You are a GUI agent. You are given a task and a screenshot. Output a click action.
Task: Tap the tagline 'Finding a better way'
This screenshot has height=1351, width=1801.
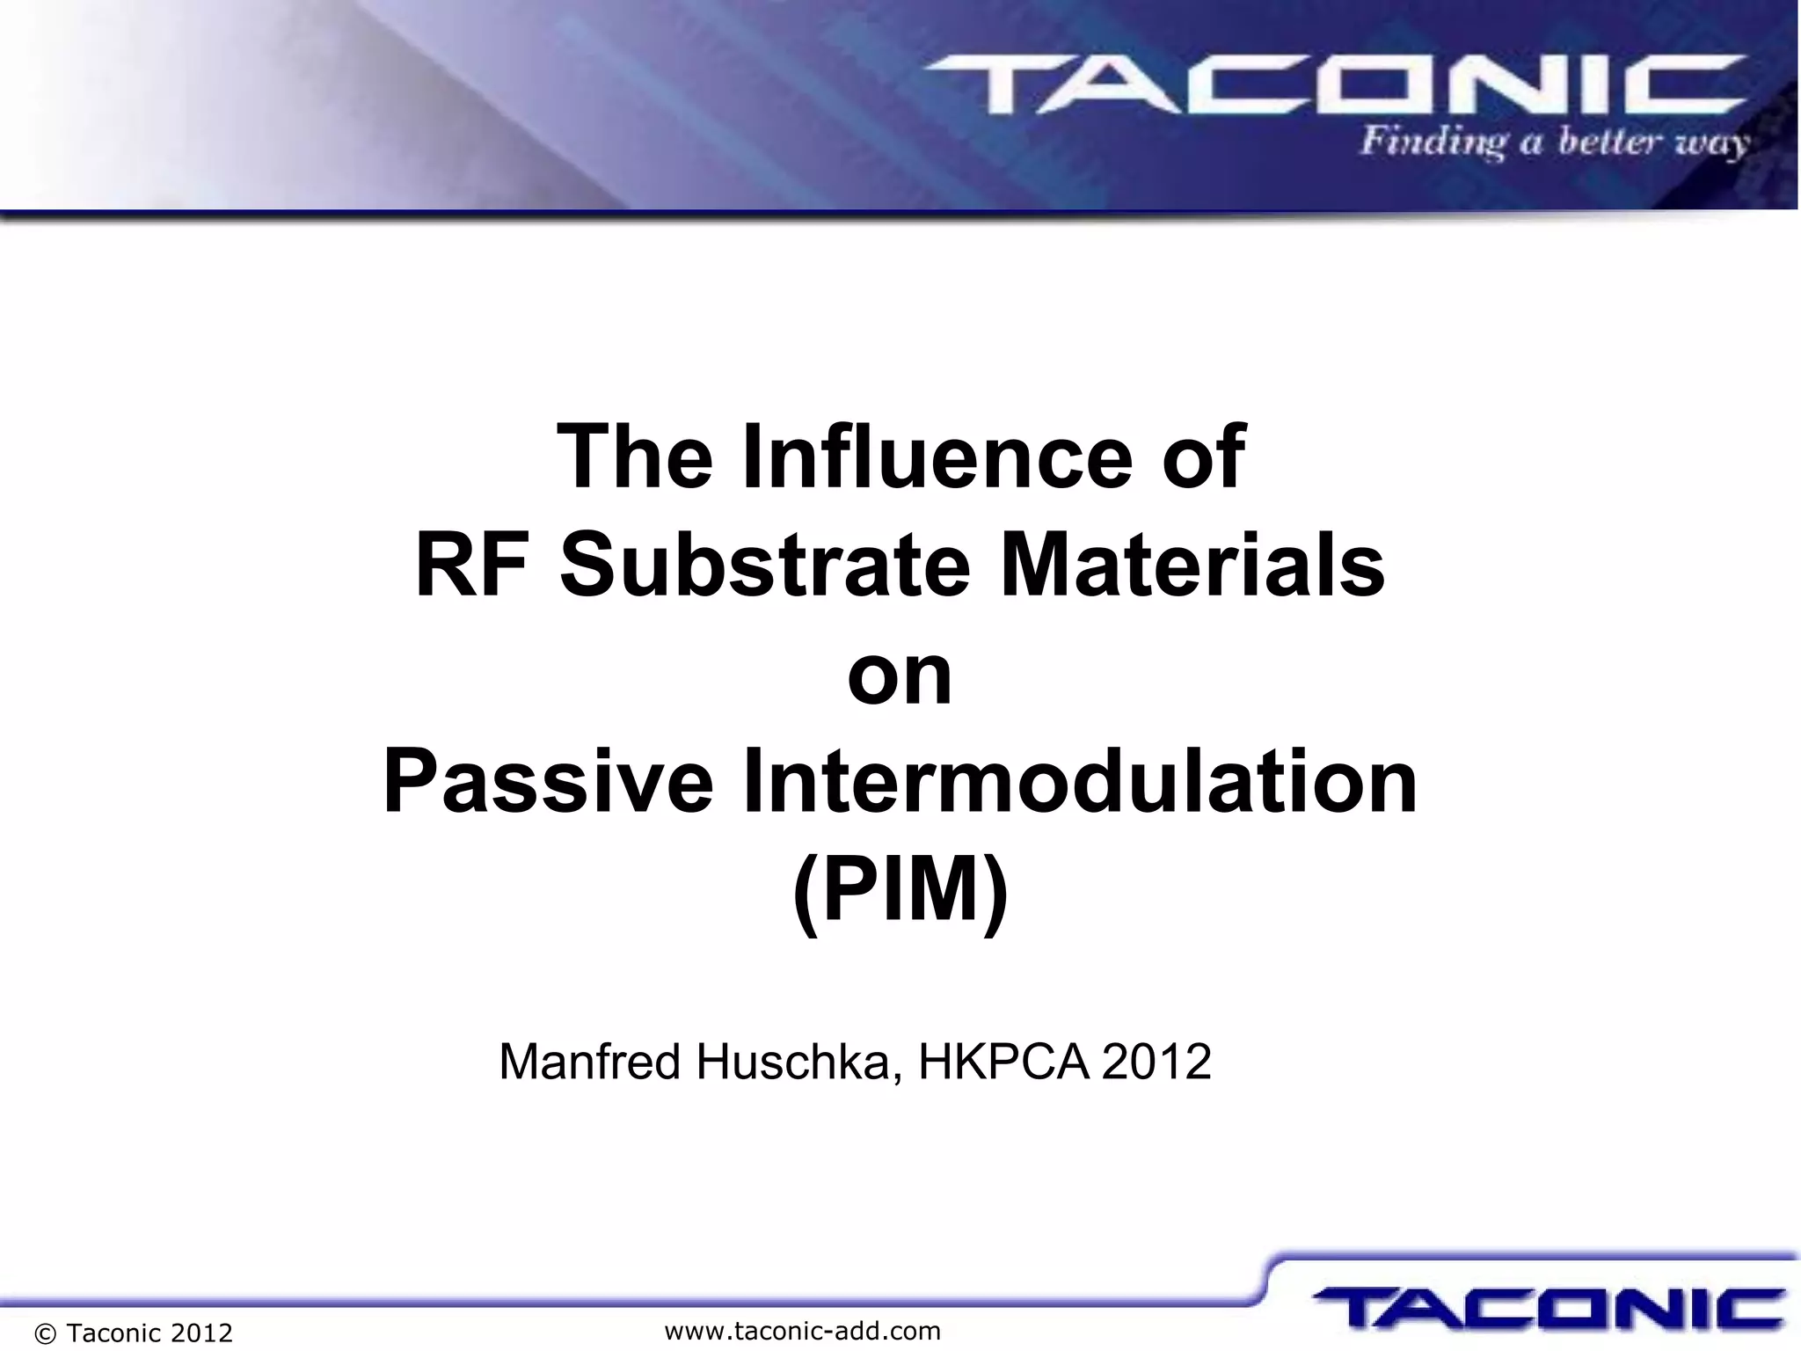[1554, 143]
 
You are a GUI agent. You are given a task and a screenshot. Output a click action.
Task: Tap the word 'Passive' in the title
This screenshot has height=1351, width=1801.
[548, 781]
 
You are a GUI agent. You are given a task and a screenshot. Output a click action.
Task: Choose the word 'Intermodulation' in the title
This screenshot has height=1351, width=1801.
[1080, 781]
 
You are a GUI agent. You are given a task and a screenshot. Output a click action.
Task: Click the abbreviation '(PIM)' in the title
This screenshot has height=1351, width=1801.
[900, 890]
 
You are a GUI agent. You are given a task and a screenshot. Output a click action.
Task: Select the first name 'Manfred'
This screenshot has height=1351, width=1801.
[590, 1062]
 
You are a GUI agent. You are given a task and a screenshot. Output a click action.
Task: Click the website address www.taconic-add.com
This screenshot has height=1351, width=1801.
[802, 1331]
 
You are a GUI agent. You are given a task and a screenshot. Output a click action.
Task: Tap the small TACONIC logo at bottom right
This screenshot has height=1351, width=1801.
[1549, 1308]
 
